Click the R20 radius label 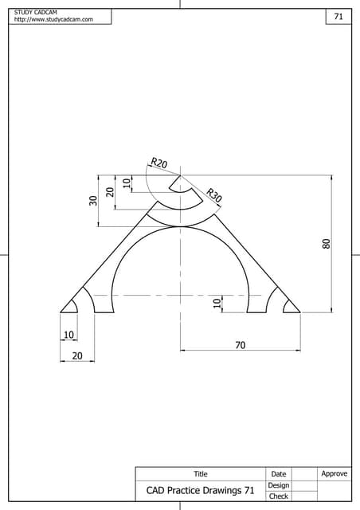(x=159, y=163)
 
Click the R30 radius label (x=213, y=194)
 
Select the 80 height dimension (x=325, y=244)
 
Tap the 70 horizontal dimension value (x=240, y=345)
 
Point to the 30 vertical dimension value (x=93, y=201)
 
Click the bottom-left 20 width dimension (x=77, y=356)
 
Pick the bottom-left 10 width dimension (x=68, y=335)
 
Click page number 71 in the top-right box (x=338, y=17)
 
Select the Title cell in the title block (x=200, y=474)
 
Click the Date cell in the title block (x=278, y=474)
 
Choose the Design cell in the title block (x=278, y=485)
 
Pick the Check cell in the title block (x=278, y=496)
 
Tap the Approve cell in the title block (x=334, y=474)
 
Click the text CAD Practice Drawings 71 (x=200, y=491)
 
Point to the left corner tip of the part (x=61, y=312)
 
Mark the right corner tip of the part (x=299, y=312)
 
